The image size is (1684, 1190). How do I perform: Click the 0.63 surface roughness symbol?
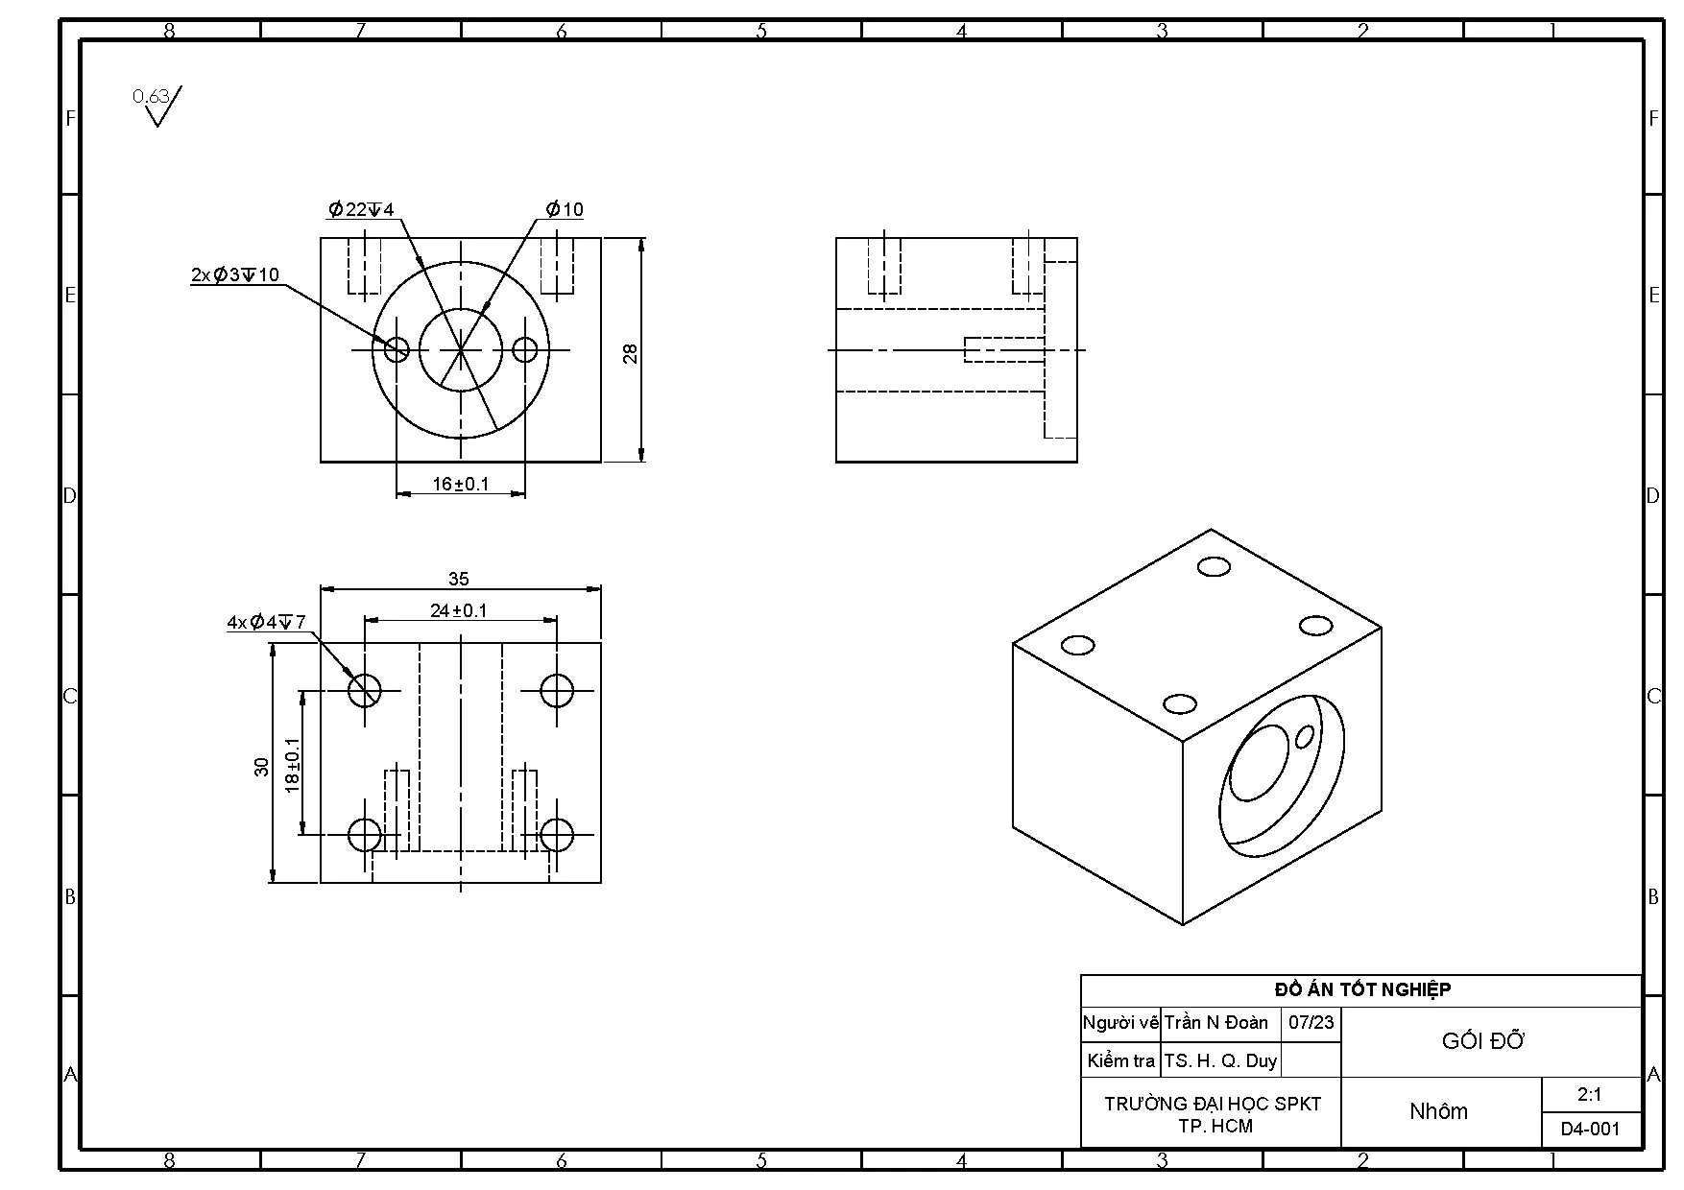pos(156,105)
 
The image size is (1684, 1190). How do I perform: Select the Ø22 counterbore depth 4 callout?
pos(361,209)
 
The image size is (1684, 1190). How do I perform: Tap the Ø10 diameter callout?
pos(565,209)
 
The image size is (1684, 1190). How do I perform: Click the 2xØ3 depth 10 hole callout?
pos(235,275)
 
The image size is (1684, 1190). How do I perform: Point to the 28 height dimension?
pos(631,353)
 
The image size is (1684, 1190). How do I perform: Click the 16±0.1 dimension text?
pos(460,484)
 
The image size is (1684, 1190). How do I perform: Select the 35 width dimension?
pos(459,579)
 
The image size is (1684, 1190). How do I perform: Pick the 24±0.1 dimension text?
pos(458,610)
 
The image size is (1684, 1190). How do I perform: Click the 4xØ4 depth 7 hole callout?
pos(266,623)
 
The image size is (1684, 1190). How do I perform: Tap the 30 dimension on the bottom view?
pos(261,766)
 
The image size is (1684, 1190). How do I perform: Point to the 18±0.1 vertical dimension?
pos(293,764)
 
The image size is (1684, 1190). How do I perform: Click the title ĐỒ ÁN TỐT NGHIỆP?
pos(1361,989)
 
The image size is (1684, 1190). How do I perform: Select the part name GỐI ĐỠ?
pos(1482,1041)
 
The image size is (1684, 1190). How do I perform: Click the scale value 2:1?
pos(1589,1094)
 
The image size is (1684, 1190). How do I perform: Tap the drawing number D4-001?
pos(1590,1130)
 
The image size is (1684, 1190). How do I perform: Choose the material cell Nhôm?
pos(1438,1111)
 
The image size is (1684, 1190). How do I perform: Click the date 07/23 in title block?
pos(1311,1023)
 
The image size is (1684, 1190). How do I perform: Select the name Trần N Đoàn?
pos(1216,1023)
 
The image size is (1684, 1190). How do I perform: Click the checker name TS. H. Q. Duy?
pos(1220,1060)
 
